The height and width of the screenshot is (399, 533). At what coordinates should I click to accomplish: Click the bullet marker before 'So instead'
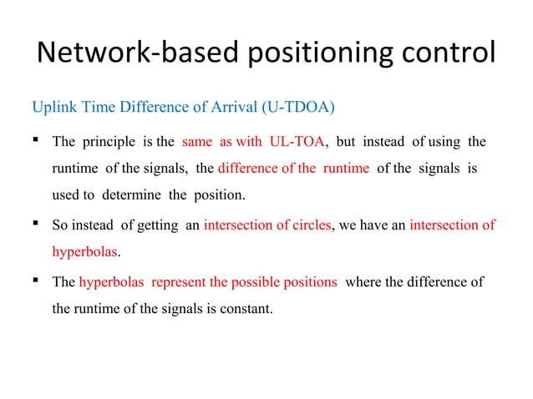(38, 223)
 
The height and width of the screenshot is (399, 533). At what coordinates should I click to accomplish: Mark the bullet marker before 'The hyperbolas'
(38, 281)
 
